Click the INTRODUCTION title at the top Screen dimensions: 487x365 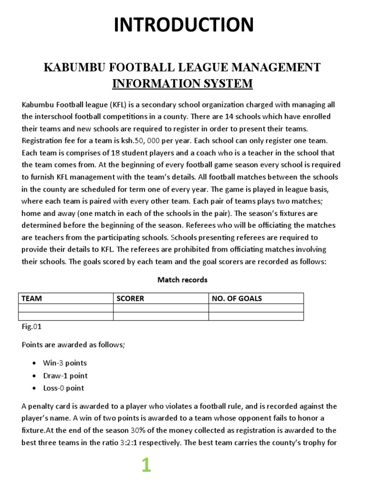point(183,25)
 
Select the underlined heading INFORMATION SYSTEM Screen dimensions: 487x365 point(182,84)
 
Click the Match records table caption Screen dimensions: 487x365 point(182,280)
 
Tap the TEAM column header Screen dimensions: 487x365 point(31,299)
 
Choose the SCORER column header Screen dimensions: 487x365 point(131,299)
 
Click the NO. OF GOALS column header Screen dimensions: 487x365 point(237,299)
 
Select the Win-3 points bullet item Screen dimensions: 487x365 point(65,363)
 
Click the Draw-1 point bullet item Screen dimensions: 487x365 point(65,376)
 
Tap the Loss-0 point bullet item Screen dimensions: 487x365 point(63,388)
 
